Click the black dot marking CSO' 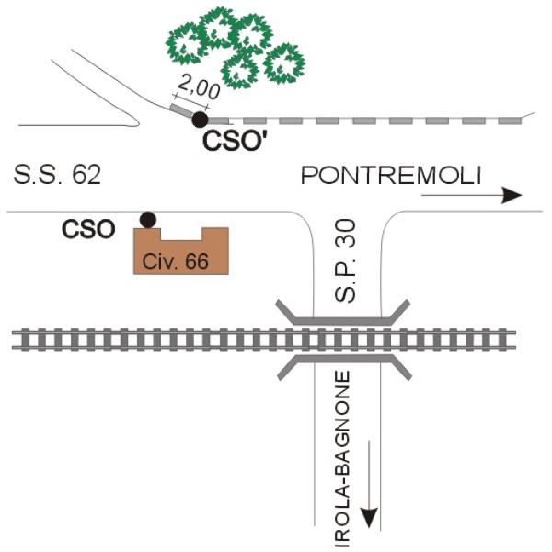click(199, 119)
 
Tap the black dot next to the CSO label click(146, 219)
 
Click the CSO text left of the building click(88, 229)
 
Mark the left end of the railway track click(15, 339)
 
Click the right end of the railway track click(537, 339)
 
